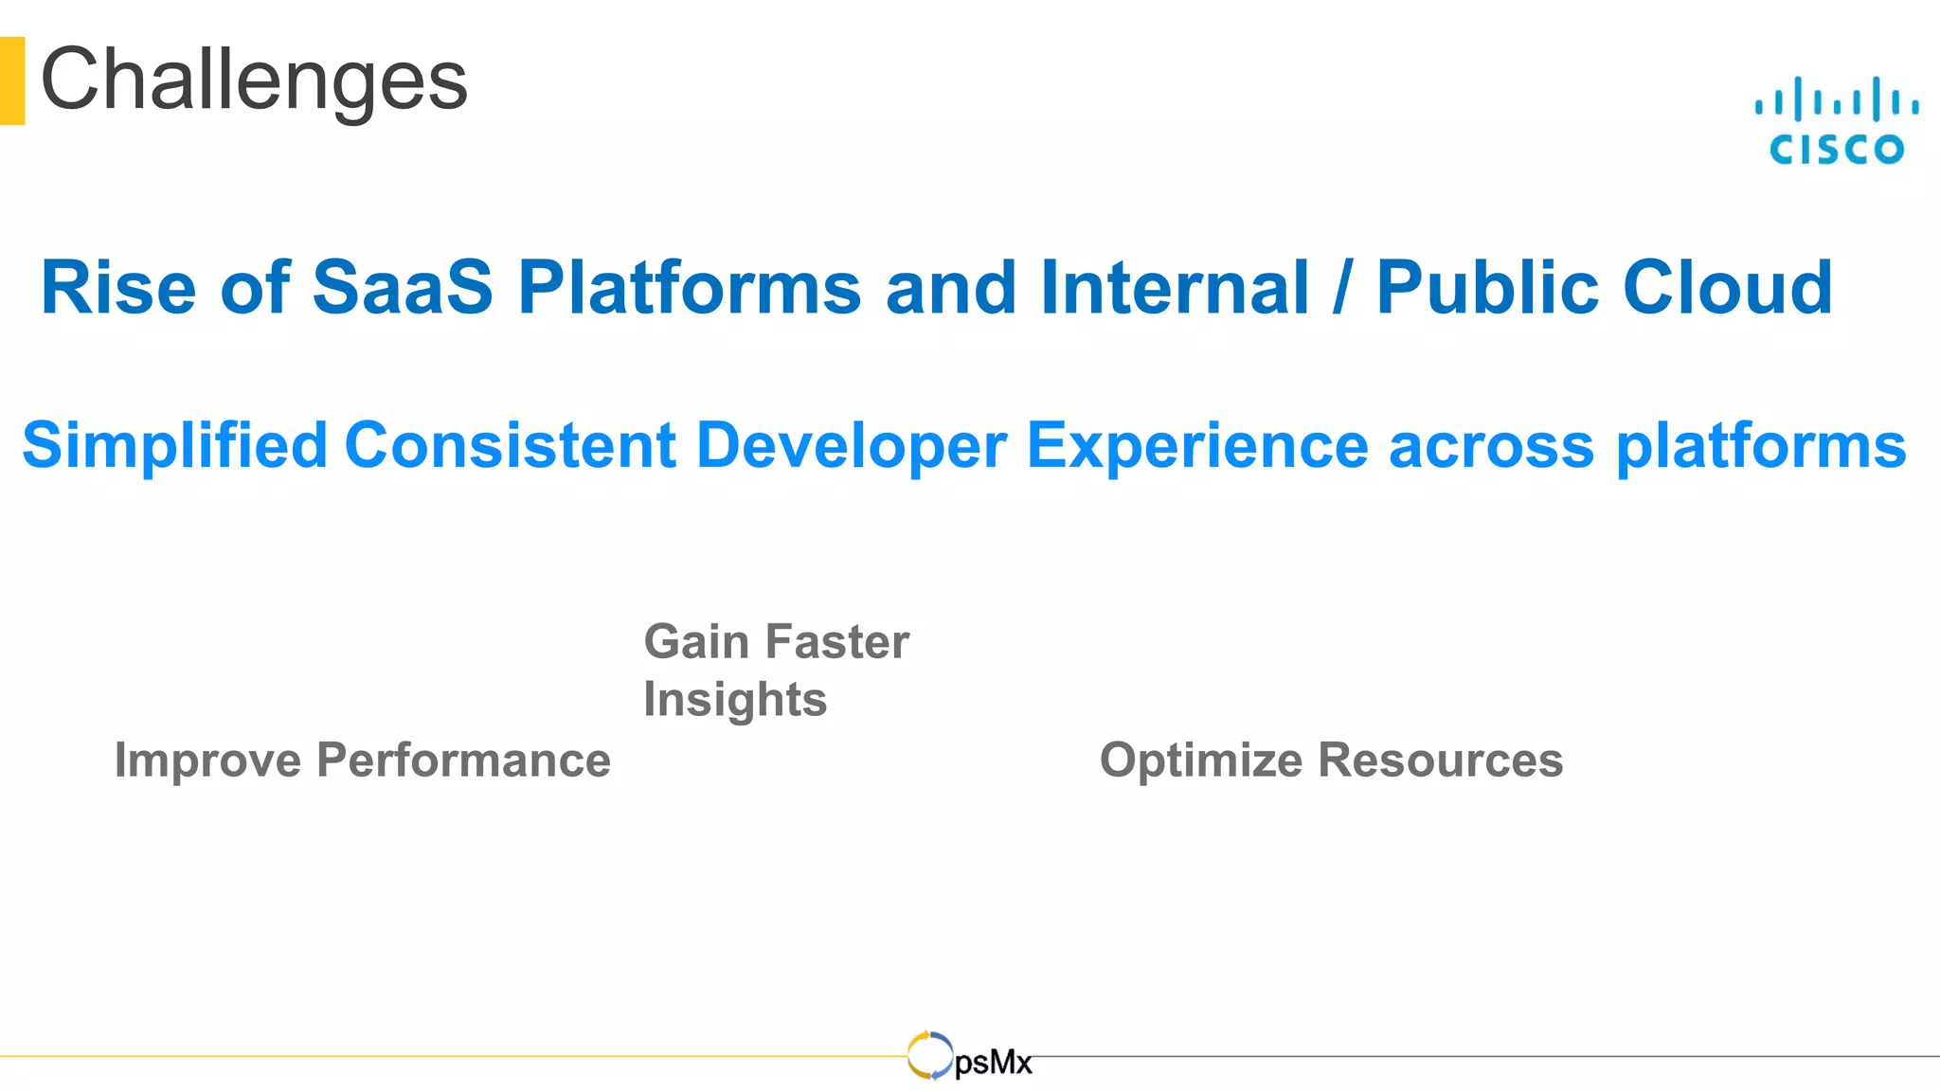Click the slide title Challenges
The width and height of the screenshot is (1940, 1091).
[254, 80]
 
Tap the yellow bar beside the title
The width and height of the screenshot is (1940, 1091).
[11, 80]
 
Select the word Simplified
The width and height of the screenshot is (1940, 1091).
[174, 445]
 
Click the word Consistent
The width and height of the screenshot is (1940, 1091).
[511, 445]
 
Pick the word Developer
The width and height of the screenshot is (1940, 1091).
[851, 445]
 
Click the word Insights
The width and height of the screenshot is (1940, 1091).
[735, 700]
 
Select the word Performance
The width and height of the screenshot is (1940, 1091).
[463, 760]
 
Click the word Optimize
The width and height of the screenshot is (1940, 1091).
[1200, 760]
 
